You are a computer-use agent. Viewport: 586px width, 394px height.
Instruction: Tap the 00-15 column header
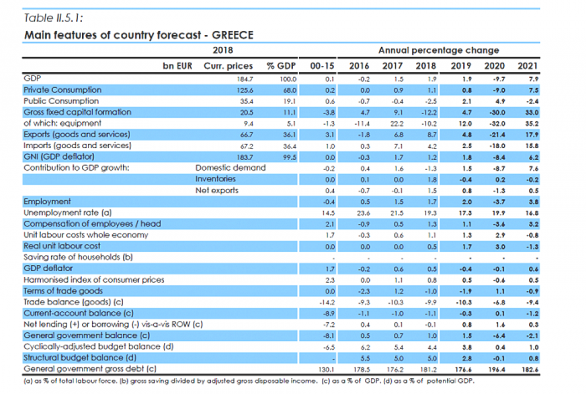coord(321,64)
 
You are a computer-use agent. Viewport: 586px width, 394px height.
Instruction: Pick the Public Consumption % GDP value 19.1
coord(280,100)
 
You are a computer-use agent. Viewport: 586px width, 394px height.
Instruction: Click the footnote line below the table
coord(243,381)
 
